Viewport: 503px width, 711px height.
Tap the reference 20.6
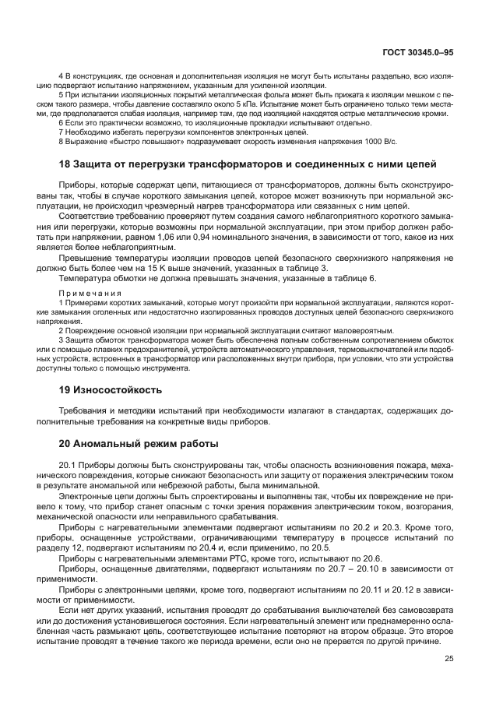[x=369, y=558]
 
